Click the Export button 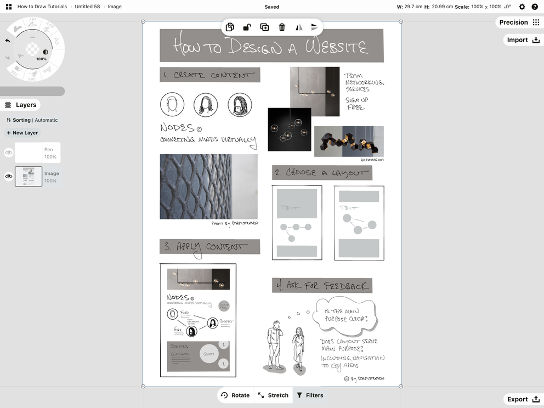[523, 399]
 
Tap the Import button [523, 40]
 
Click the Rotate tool [235, 395]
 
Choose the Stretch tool [273, 395]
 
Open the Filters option [310, 395]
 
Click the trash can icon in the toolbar [282, 27]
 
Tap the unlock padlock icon [247, 27]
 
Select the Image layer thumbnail [29, 177]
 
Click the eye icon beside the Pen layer [9, 153]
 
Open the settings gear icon [522, 7]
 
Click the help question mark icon [535, 7]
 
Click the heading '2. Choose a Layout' [322, 173]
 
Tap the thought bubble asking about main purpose [345, 315]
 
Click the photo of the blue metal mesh [208, 186]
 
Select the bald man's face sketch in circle [172, 104]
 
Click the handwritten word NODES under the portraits [177, 128]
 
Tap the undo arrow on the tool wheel [8, 41]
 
